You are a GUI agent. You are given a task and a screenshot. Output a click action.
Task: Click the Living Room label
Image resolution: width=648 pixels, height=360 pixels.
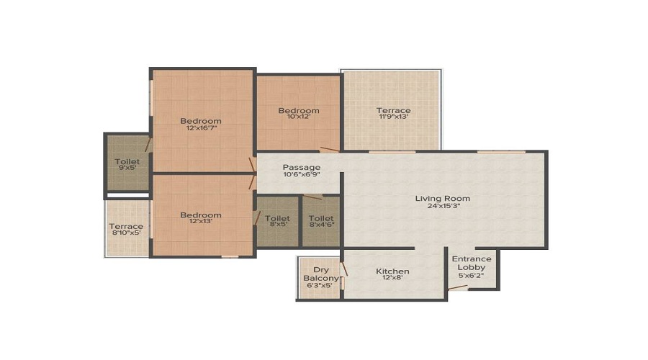pyautogui.click(x=442, y=199)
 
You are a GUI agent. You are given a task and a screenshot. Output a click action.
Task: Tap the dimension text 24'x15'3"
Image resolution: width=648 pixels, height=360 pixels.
pyautogui.click(x=443, y=206)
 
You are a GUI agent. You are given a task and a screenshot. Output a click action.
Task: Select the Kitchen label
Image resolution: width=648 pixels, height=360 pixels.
pyautogui.click(x=392, y=271)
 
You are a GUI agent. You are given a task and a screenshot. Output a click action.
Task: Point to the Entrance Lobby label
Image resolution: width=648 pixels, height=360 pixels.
pyautogui.click(x=472, y=263)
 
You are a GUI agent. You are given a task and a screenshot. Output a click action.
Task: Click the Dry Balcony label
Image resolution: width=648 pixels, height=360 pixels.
pyautogui.click(x=320, y=274)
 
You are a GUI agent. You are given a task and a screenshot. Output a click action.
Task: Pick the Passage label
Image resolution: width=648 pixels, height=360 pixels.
pyautogui.click(x=301, y=167)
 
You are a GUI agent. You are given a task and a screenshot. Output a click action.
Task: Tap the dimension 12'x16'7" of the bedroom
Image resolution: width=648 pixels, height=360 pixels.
pyautogui.click(x=202, y=128)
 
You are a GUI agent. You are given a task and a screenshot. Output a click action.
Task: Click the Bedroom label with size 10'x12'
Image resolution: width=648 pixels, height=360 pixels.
pyautogui.click(x=298, y=110)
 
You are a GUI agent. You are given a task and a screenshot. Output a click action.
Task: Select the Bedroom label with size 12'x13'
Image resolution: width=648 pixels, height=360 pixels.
pyautogui.click(x=201, y=215)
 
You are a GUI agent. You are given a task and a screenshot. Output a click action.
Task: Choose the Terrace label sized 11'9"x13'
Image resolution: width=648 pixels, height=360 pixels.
pyautogui.click(x=393, y=110)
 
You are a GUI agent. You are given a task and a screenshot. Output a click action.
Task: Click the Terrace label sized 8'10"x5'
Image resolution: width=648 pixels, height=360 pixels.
pyautogui.click(x=126, y=226)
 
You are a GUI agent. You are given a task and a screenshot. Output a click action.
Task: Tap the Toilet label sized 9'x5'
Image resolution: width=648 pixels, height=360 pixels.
pyautogui.click(x=127, y=161)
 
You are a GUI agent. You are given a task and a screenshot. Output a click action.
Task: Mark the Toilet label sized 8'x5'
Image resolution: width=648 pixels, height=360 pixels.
pyautogui.click(x=277, y=218)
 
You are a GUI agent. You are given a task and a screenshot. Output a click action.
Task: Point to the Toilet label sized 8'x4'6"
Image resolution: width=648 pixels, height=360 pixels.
pyautogui.click(x=321, y=218)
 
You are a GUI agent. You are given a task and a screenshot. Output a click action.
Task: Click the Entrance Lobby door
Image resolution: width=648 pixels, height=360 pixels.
pyautogui.click(x=459, y=287)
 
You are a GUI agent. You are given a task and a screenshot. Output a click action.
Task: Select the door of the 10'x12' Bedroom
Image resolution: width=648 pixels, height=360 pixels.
pyautogui.click(x=330, y=149)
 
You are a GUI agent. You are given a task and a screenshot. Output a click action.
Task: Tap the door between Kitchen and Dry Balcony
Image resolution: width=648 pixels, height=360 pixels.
pyautogui.click(x=344, y=269)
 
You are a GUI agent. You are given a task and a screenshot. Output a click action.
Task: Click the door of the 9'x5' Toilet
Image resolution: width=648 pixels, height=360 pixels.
pyautogui.click(x=148, y=145)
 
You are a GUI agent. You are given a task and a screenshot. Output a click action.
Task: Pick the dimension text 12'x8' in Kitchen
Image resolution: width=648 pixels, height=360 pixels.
pyautogui.click(x=392, y=278)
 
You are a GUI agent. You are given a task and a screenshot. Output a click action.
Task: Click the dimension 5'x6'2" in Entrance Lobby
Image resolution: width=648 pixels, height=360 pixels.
pyautogui.click(x=471, y=275)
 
